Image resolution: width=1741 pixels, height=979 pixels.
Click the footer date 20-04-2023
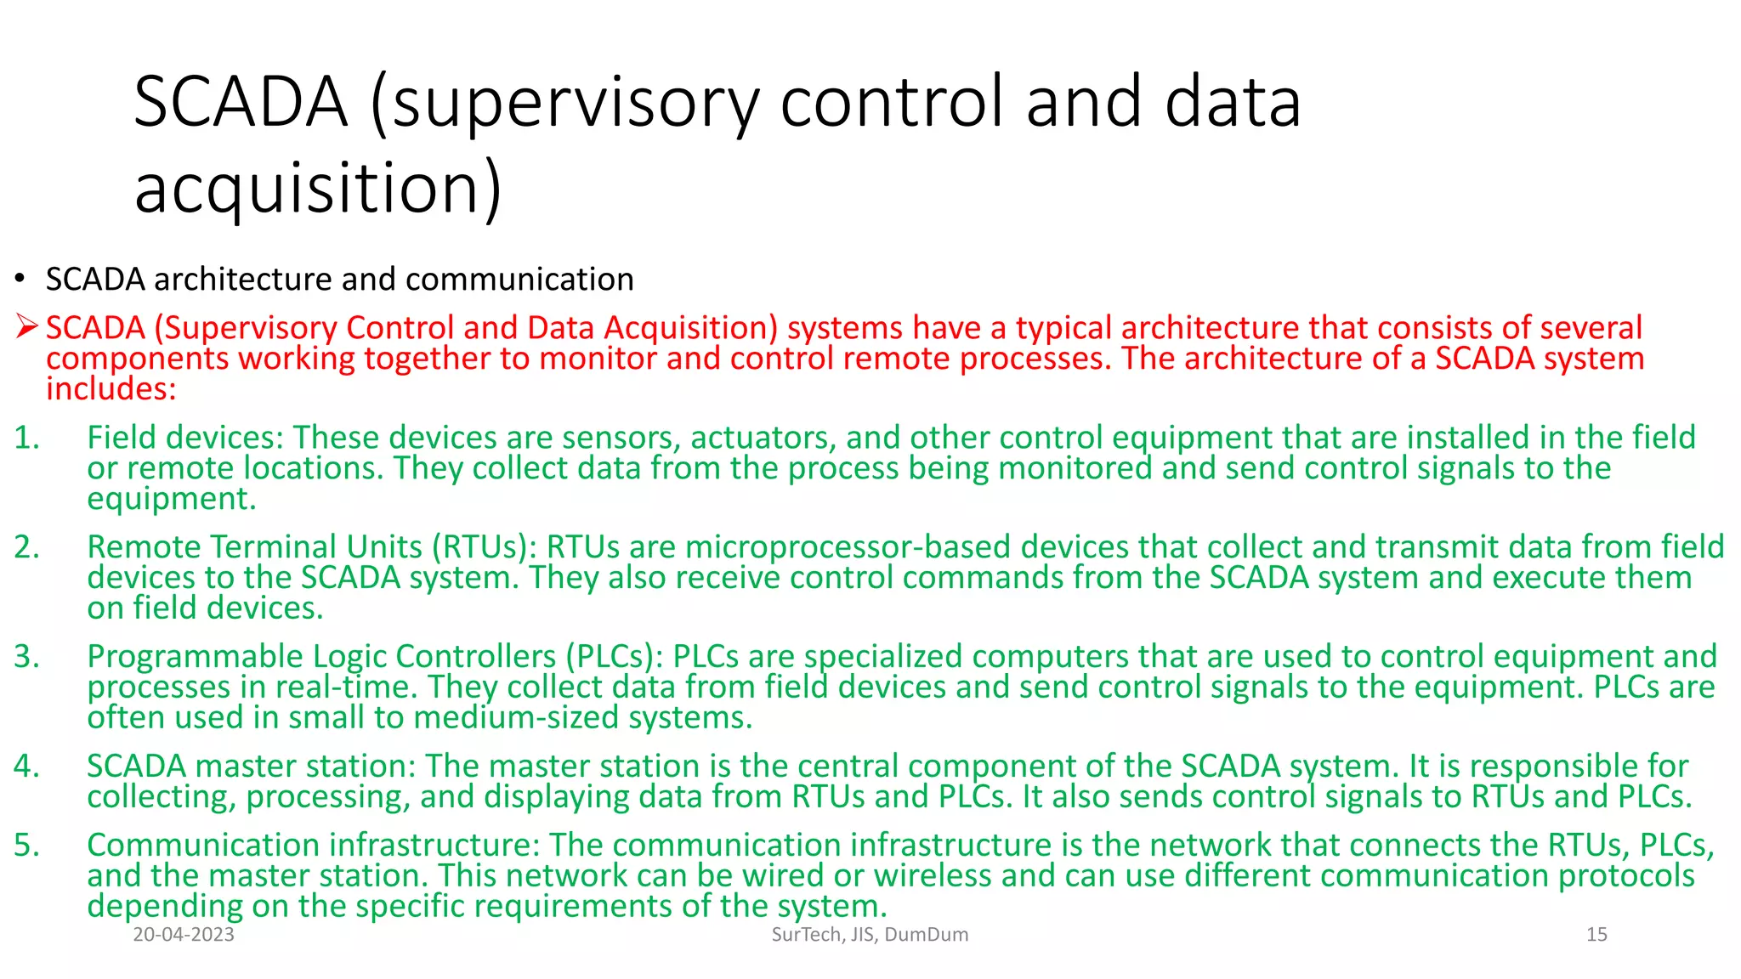tap(184, 935)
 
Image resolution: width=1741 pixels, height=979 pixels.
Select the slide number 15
tap(1596, 935)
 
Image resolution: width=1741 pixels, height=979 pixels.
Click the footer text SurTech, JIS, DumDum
tap(870, 935)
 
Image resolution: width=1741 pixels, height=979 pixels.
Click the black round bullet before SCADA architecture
tap(19, 280)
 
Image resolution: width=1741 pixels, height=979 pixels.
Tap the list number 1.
tap(26, 438)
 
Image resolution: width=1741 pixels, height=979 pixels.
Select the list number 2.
tap(26, 547)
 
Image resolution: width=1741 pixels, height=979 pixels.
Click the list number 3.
tap(26, 657)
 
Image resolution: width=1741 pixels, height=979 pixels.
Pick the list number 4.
tap(26, 767)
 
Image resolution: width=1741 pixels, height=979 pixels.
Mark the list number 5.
tap(26, 846)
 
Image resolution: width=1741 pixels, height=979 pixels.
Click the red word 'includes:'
tap(111, 389)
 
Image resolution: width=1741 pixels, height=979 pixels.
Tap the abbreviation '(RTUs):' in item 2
tap(484, 547)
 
